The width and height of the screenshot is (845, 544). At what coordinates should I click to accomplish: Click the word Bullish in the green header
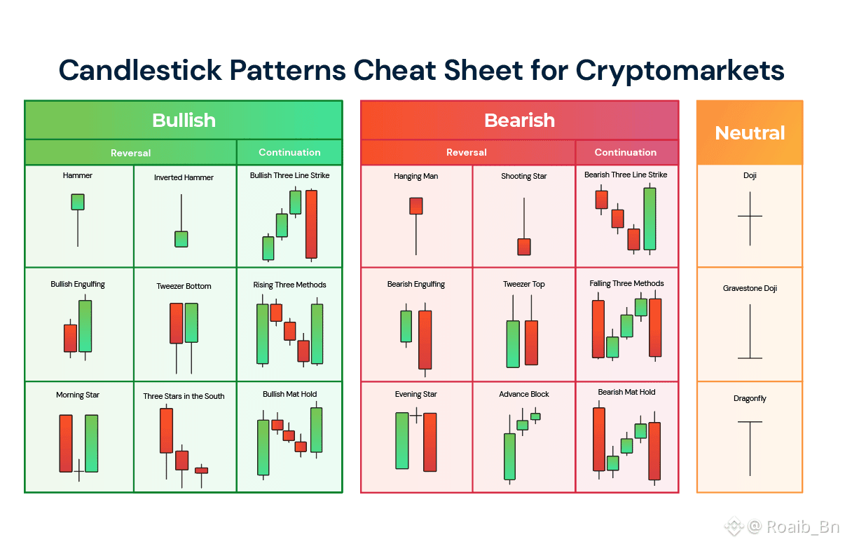[x=184, y=121]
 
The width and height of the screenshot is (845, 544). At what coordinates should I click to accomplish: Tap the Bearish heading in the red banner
[x=519, y=121]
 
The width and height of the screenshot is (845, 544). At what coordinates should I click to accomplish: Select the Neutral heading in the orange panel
[x=750, y=133]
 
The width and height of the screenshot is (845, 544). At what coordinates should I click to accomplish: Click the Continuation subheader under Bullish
[x=289, y=152]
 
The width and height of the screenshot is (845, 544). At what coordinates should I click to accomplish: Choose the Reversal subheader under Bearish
[x=466, y=152]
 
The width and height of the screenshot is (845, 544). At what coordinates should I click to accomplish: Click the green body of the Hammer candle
[x=78, y=202]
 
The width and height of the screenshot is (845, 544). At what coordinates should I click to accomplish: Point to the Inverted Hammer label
[x=184, y=177]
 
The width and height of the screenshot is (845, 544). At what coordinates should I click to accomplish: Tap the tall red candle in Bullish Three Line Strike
[x=311, y=224]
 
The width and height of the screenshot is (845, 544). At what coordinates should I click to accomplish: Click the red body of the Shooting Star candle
[x=524, y=247]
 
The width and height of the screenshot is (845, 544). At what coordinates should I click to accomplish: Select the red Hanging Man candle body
[x=416, y=206]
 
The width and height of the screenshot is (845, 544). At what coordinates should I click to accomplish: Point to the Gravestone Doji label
[x=750, y=288]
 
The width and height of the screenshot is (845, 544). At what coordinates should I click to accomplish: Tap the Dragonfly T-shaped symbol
[x=750, y=448]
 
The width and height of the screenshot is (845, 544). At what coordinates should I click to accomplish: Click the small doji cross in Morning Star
[x=79, y=470]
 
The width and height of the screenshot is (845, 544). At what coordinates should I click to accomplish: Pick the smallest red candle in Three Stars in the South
[x=202, y=470]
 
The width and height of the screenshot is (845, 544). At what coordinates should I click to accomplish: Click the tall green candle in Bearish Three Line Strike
[x=650, y=219]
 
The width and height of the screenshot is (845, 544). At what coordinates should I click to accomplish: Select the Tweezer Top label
[x=524, y=285]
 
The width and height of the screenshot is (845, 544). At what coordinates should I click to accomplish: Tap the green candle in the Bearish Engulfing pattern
[x=406, y=326]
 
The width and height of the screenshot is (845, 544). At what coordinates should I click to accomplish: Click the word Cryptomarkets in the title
[x=680, y=71]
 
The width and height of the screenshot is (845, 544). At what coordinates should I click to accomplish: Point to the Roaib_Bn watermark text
[x=803, y=526]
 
